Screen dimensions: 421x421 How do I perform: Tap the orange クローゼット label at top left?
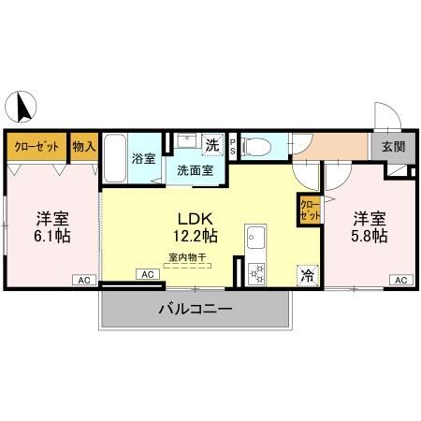[36, 146]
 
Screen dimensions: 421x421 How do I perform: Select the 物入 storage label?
[84, 146]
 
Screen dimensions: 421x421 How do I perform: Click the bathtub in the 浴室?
[115, 160]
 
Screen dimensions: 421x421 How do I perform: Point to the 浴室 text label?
[144, 159]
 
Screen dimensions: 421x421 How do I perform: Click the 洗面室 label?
[189, 170]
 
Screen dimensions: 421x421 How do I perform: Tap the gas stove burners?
[255, 272]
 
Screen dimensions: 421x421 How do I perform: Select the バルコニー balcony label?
[195, 308]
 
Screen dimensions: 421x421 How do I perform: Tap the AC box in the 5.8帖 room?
[399, 280]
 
